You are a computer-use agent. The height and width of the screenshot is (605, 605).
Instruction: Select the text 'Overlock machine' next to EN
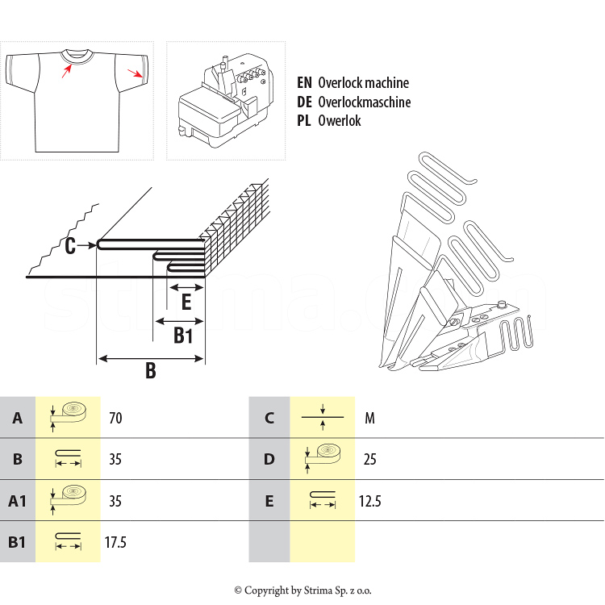coord(363,83)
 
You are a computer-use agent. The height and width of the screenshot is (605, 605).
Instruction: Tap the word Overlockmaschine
coord(364,102)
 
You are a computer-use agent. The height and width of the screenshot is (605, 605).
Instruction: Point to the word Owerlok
coord(340,121)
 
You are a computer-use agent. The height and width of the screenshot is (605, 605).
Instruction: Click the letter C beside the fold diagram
coord(71,246)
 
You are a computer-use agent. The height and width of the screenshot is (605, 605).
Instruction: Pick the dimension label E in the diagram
coord(186,302)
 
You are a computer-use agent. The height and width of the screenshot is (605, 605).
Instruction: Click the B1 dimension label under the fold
coord(184,336)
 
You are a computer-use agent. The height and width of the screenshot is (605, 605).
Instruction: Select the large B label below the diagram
coord(150,371)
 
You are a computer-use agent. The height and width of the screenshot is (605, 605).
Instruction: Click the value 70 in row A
coord(115,419)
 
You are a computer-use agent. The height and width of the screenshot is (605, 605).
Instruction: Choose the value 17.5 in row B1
coord(115,542)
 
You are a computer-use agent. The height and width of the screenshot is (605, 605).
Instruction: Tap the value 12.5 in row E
coord(369,502)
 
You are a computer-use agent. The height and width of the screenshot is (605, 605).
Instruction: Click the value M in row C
coord(369,419)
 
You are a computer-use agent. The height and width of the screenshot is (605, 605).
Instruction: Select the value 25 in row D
coord(369,460)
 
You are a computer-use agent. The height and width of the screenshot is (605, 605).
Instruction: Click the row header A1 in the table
coord(18,502)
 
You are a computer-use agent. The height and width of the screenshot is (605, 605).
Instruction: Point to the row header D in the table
coord(269,460)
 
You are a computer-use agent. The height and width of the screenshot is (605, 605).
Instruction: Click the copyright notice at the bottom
coord(302,590)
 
